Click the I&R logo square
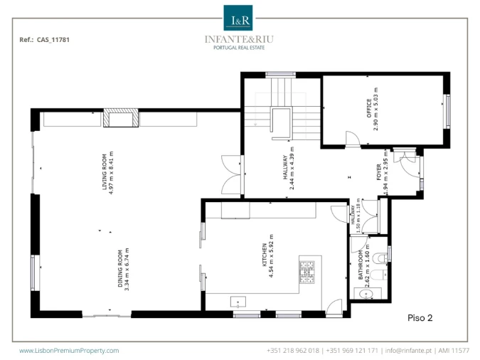point(238,18)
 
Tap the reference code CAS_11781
point(53,40)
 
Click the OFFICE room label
point(369,108)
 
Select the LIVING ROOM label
point(105,172)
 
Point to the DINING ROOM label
point(120,269)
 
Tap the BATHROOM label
point(361,265)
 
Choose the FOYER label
point(379,172)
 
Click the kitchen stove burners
point(307,272)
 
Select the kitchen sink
point(238,302)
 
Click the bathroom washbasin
point(366,295)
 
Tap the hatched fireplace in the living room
point(121,118)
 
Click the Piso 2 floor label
point(420,318)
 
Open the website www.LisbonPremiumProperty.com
point(69,351)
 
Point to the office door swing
point(353,139)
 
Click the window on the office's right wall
point(447,112)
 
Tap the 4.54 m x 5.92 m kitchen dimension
point(271,256)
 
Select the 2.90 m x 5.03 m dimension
point(376,109)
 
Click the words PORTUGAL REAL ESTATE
point(239,48)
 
